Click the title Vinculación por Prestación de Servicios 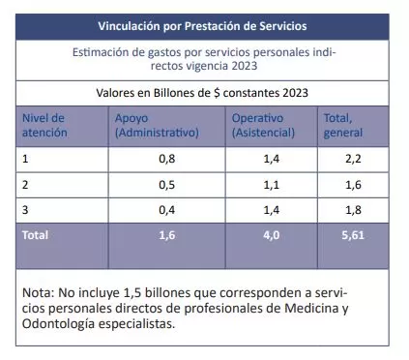coord(204,24)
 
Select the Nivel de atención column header coord(44,125)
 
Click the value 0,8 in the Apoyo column coord(166,157)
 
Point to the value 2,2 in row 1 coord(353,157)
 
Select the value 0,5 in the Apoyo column coord(166,183)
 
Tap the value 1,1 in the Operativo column coord(272,183)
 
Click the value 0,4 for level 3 coord(166,209)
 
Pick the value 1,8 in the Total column coord(353,209)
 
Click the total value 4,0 coord(272,235)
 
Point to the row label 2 coord(25,183)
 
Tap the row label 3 coord(25,209)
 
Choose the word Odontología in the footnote coord(62,324)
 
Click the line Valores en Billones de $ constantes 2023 coord(204,93)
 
